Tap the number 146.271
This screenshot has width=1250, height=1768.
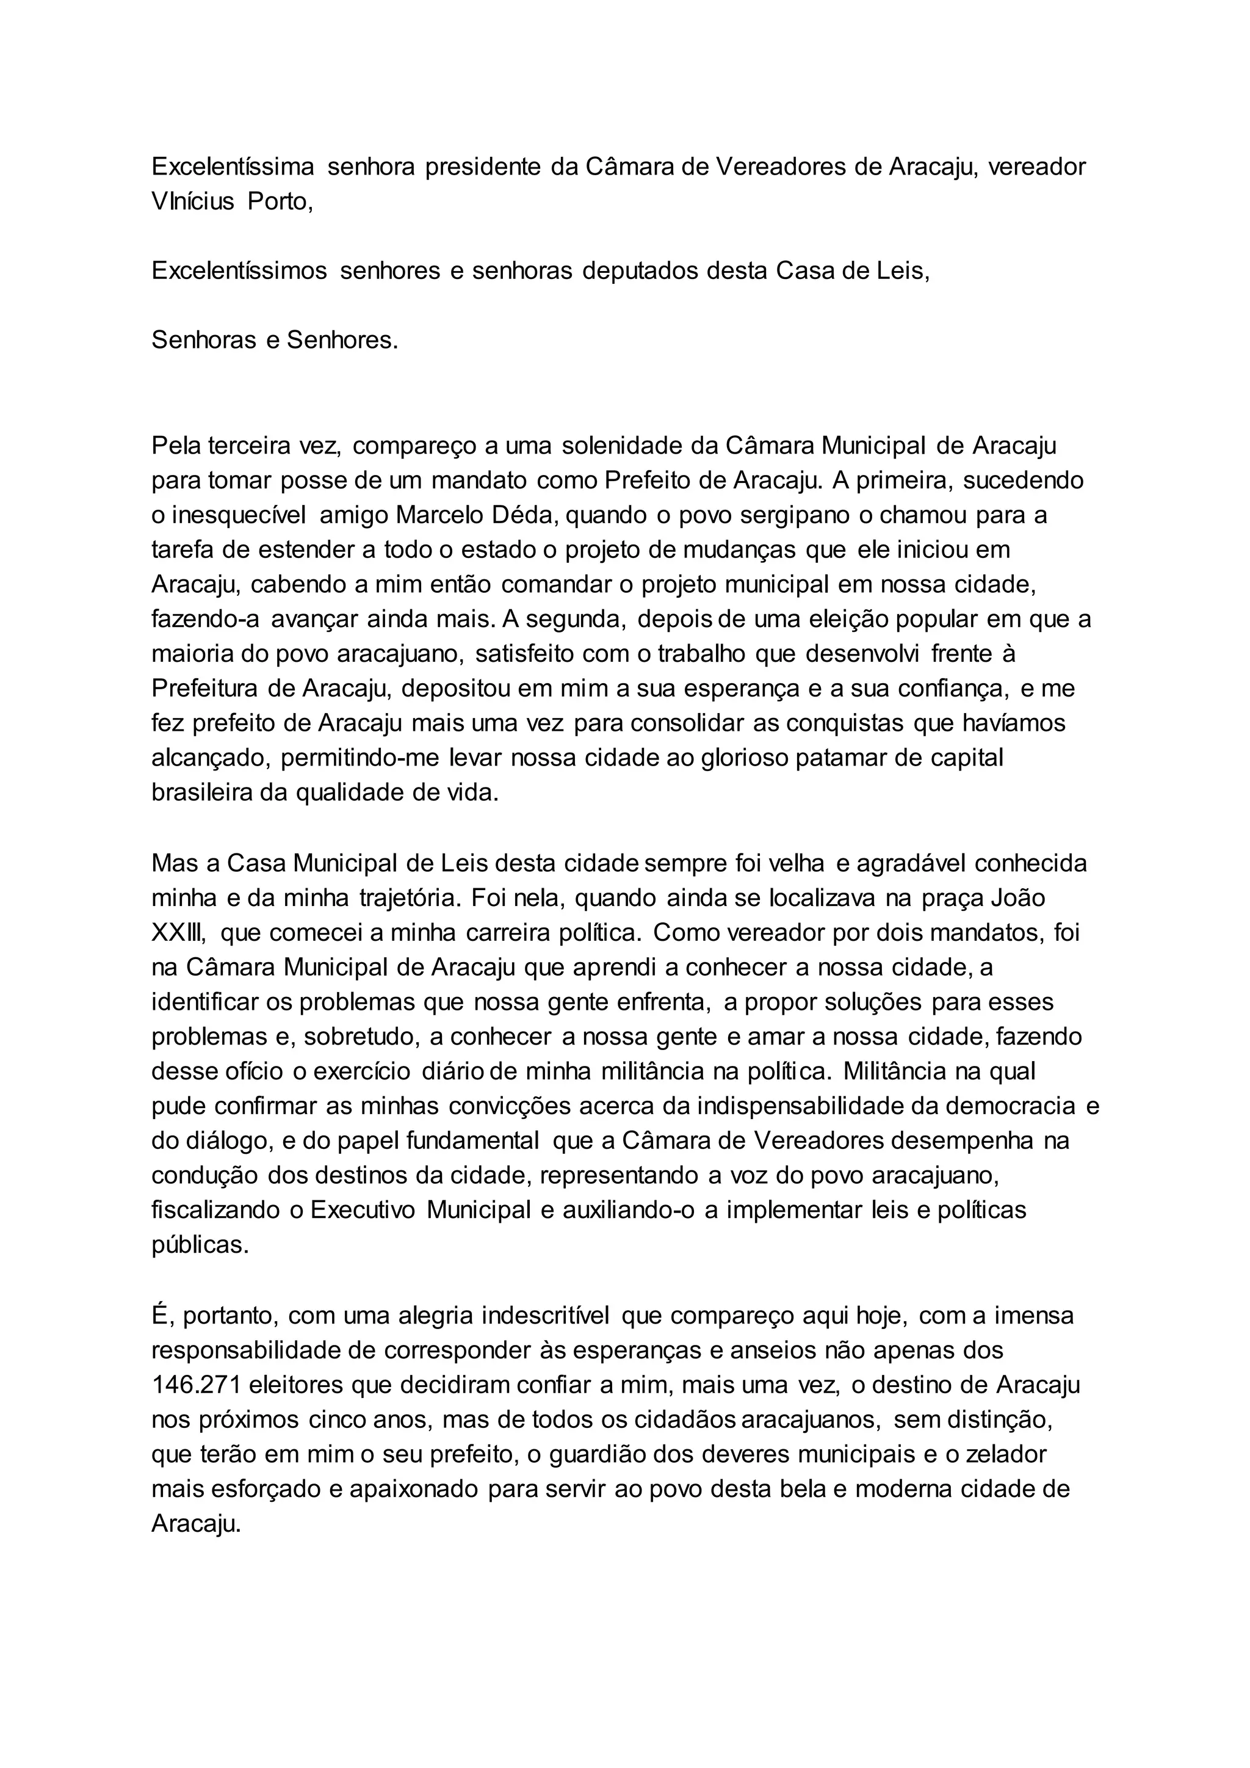pos(197,1385)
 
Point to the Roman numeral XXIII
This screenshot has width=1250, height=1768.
pos(179,933)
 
